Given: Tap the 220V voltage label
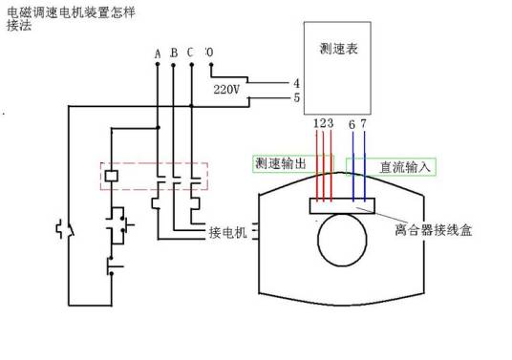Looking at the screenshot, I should click(x=228, y=90).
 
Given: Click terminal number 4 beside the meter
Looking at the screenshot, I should click(x=297, y=82).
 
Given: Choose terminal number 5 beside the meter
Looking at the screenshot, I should click(x=297, y=96).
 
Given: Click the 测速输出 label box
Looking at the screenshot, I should click(x=281, y=164).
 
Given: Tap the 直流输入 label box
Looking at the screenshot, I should click(x=405, y=165).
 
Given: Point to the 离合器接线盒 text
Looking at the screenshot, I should click(x=434, y=229).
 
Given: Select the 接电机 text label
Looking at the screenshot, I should click(x=227, y=232).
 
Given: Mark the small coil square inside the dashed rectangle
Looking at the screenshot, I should click(x=112, y=176).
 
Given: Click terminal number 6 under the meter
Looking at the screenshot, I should click(x=352, y=124).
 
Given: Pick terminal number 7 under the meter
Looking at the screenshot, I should click(x=363, y=124).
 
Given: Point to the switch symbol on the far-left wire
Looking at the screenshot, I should click(x=66, y=230).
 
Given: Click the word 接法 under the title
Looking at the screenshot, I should click(x=18, y=26).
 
